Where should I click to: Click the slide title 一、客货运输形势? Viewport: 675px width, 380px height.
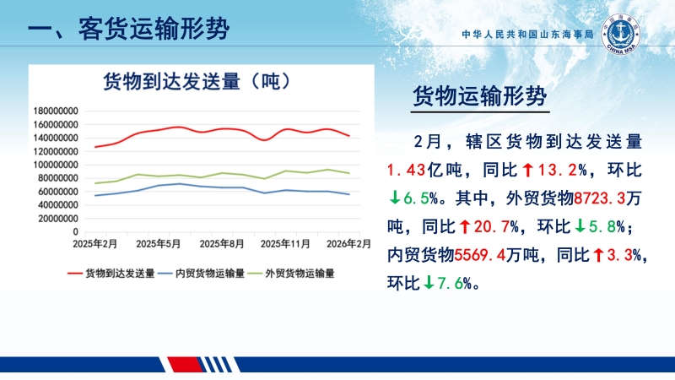[x=127, y=30]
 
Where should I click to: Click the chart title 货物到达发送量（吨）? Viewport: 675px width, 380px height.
[x=197, y=81]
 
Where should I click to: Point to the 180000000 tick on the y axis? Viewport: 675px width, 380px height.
[x=55, y=111]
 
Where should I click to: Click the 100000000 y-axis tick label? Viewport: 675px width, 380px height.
[x=55, y=165]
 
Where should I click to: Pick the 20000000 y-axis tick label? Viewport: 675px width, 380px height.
[x=57, y=218]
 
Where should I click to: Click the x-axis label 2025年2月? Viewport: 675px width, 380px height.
[x=94, y=244]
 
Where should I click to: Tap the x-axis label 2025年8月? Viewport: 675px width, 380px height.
[x=223, y=244]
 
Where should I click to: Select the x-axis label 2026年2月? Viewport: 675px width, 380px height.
[x=349, y=244]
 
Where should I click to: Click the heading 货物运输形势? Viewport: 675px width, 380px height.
[x=480, y=96]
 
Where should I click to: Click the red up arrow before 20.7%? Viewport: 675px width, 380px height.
[x=463, y=227]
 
